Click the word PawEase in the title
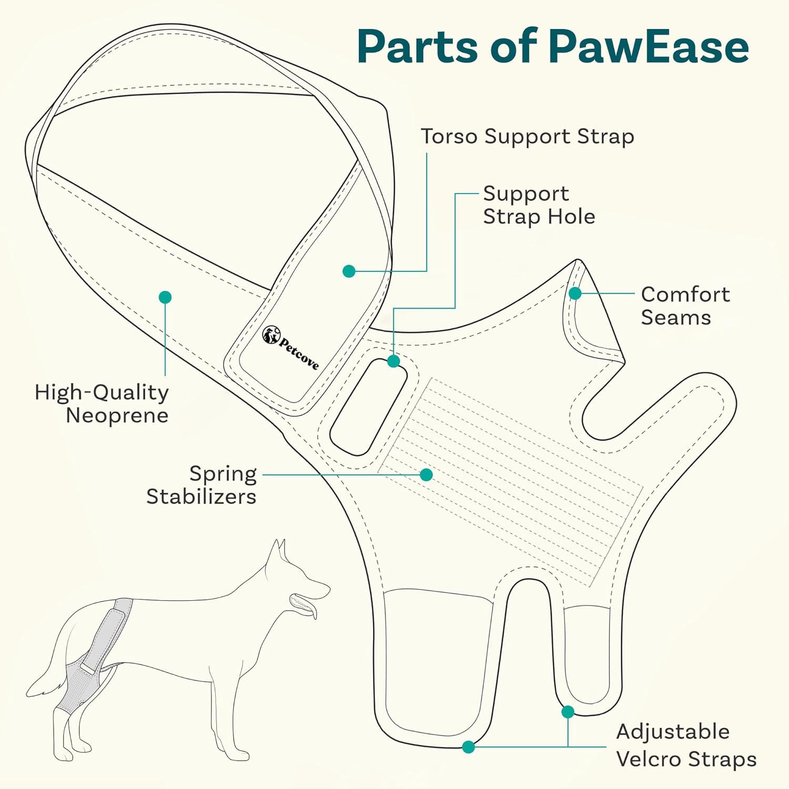(x=648, y=47)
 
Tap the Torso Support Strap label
(x=527, y=136)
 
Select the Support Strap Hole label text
(x=539, y=205)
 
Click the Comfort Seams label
(x=685, y=306)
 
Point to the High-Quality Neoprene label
(x=102, y=403)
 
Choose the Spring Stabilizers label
(x=201, y=485)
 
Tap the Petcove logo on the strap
(x=290, y=348)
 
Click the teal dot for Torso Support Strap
(x=349, y=271)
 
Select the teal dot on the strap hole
(x=393, y=361)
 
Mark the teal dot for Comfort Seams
(x=575, y=293)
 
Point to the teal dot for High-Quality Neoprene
(x=165, y=297)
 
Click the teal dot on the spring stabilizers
(x=427, y=475)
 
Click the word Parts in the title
(x=418, y=47)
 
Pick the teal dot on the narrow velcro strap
(x=568, y=712)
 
